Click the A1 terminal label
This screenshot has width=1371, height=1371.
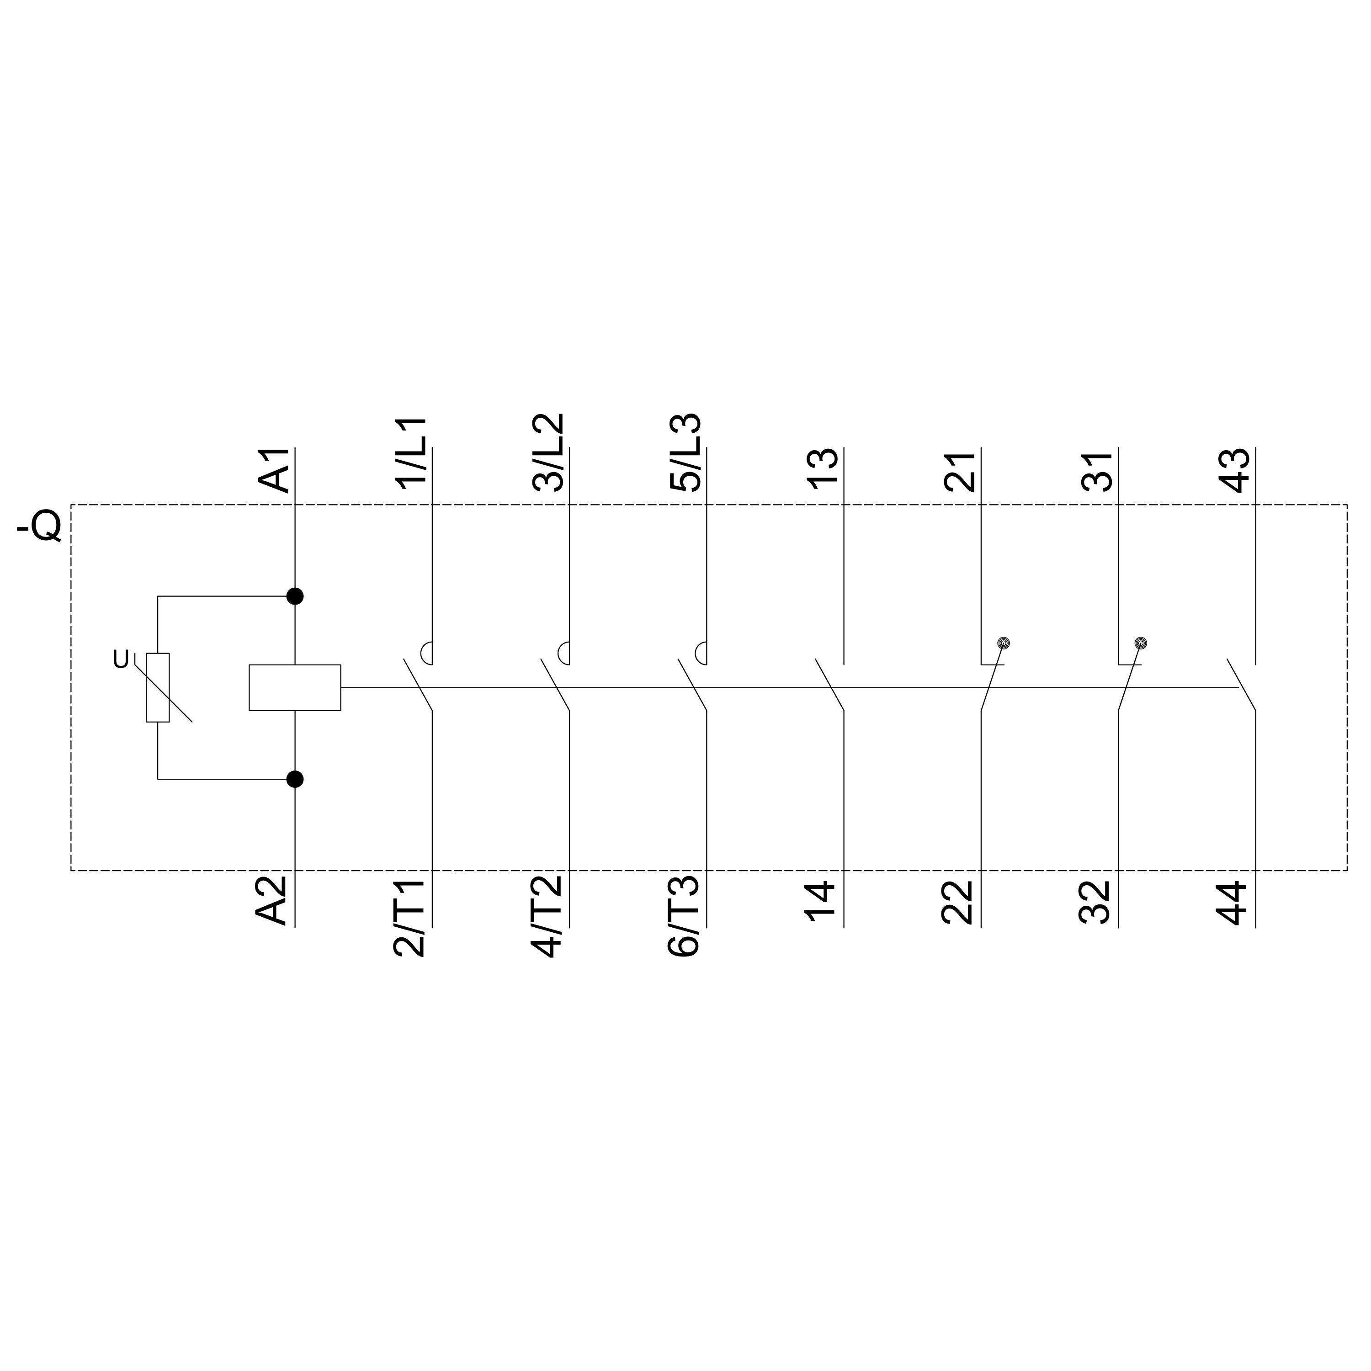274,471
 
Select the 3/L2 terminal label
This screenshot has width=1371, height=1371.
548,452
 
